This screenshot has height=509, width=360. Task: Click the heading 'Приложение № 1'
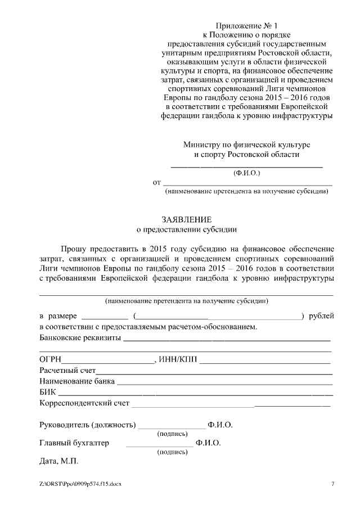(247, 26)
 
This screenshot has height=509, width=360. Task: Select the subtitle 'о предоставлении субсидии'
(187, 229)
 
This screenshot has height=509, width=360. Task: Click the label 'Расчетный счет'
(67, 371)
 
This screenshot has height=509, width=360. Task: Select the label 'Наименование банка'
(77, 381)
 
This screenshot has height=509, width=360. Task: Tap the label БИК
(48, 392)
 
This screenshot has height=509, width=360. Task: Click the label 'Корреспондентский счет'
(84, 403)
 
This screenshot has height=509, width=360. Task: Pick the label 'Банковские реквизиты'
(80, 338)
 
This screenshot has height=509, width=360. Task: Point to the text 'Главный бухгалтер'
(74, 443)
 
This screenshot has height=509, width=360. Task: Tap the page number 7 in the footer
(333, 484)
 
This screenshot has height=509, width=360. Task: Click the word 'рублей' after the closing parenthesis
(322, 317)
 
